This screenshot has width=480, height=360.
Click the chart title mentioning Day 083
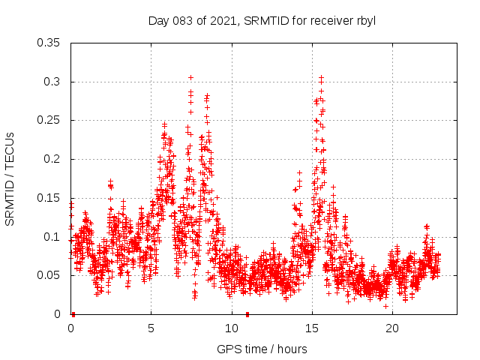(262, 20)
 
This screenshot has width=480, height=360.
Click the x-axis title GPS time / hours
(262, 349)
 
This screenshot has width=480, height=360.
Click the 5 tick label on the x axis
(151, 328)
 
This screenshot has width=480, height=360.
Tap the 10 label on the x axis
(231, 328)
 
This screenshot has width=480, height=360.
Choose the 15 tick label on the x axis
(311, 328)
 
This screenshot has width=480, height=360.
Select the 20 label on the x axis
(391, 328)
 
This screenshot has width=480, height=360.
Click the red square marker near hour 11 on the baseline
(247, 314)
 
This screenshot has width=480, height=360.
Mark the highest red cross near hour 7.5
(190, 77)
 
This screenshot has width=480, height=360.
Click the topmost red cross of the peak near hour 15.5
(321, 77)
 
